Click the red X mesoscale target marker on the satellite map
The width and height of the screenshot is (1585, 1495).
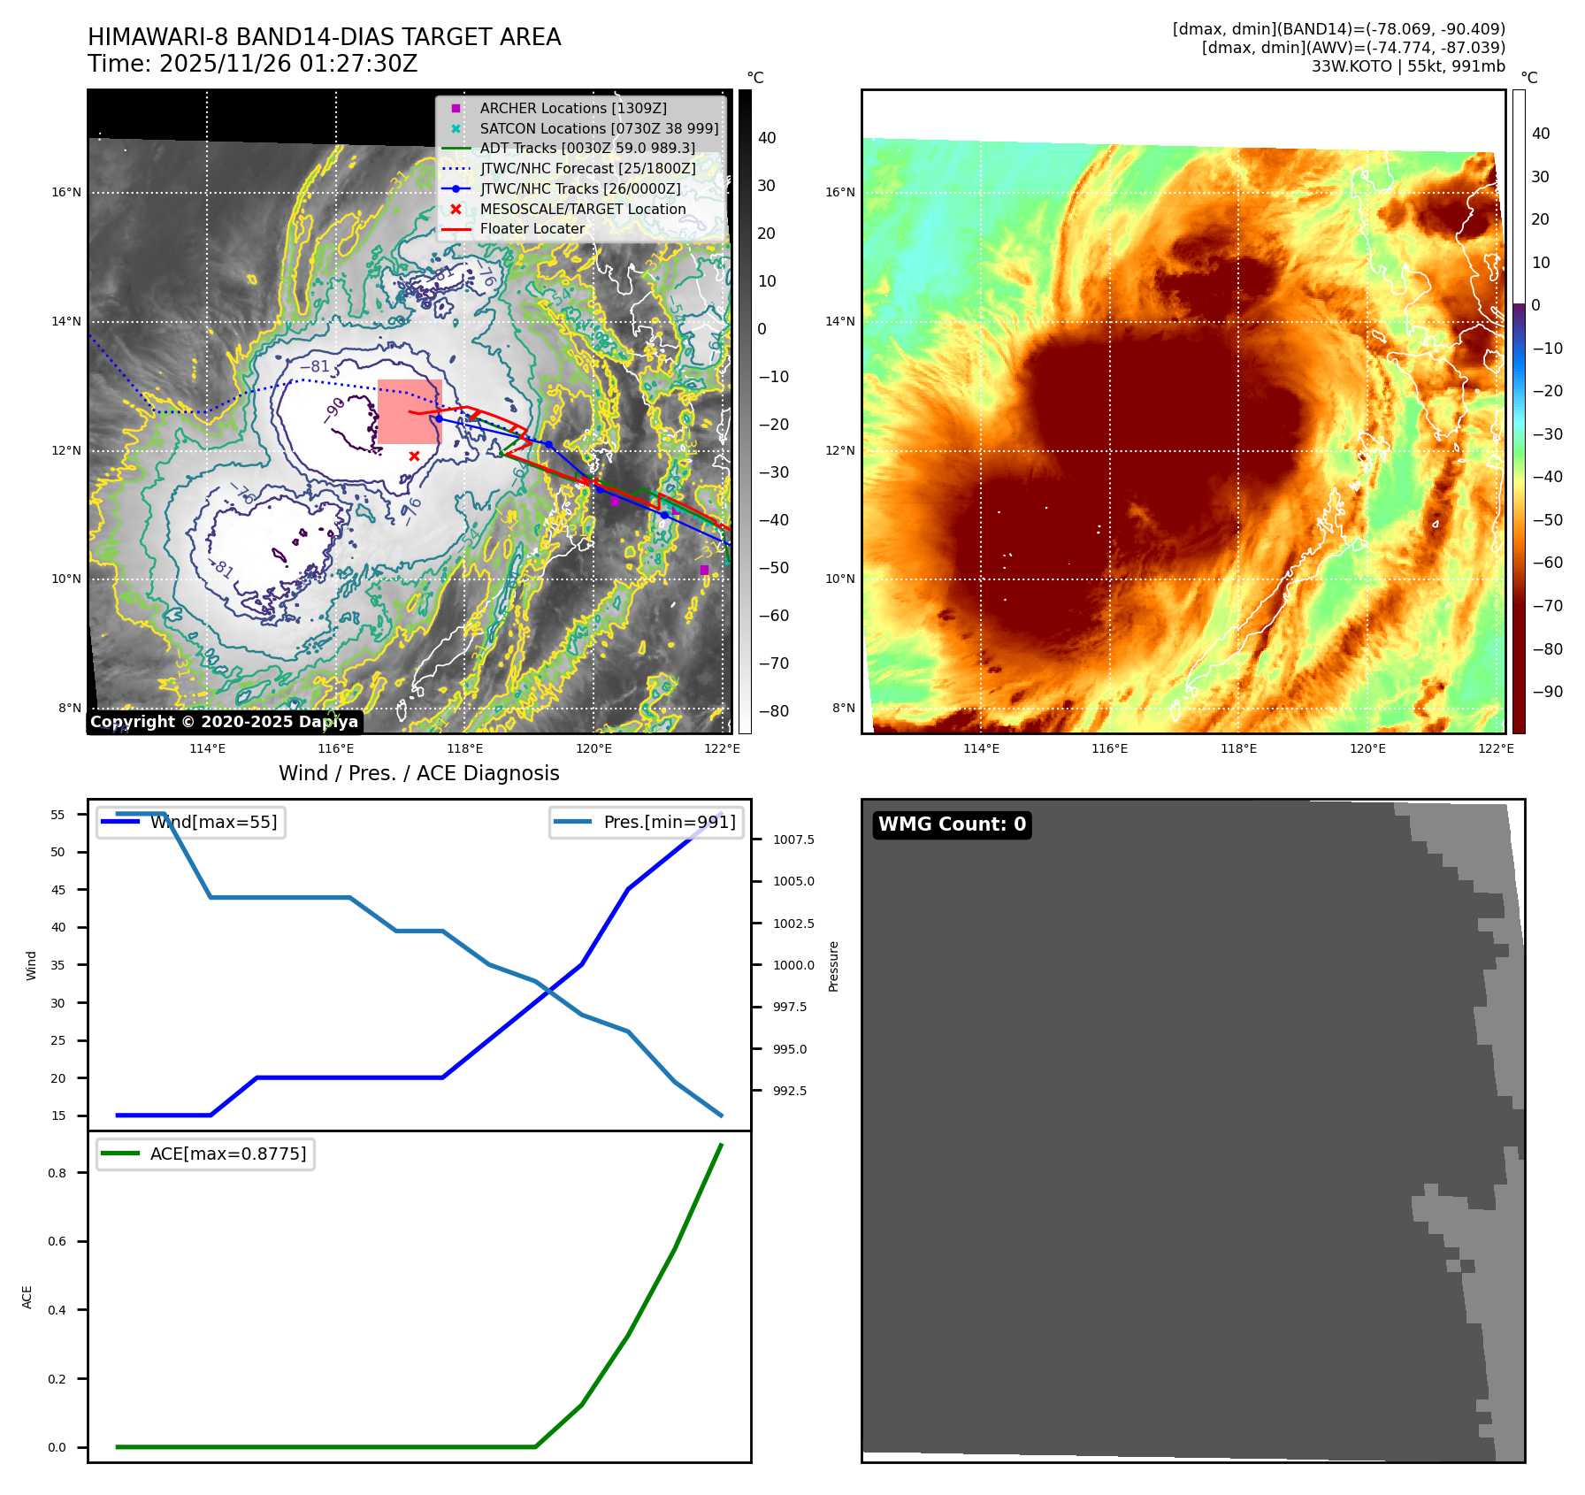(414, 456)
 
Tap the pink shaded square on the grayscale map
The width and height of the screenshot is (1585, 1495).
(410, 411)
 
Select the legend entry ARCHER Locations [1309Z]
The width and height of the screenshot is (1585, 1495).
(573, 108)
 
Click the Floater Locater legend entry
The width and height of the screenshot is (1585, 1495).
(532, 228)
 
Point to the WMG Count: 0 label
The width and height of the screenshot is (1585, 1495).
(952, 824)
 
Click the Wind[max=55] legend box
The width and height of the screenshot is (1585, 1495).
(191, 822)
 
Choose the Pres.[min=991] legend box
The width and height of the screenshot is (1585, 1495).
(646, 822)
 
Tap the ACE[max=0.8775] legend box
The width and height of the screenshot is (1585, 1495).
(205, 1154)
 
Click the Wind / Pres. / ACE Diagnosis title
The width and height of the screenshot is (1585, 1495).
(419, 773)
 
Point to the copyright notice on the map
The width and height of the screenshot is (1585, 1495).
(225, 722)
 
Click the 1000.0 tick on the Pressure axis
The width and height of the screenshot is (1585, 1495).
(793, 965)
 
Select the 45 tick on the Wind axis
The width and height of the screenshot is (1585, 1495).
(58, 890)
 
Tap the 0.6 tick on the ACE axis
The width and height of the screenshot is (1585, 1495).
(57, 1241)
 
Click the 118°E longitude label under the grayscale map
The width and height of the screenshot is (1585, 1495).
(465, 748)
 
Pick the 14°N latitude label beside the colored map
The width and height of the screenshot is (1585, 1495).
(840, 321)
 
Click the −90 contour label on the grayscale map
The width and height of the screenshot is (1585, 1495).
(333, 411)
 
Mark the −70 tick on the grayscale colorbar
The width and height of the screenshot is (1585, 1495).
(773, 663)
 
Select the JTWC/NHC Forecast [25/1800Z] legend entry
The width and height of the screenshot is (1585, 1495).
(587, 168)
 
